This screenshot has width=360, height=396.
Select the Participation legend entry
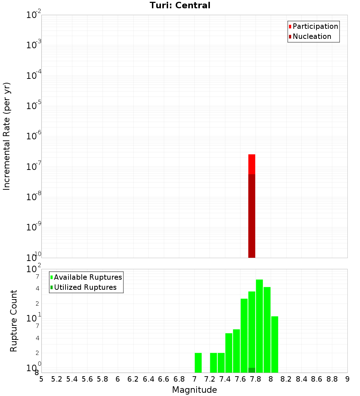pos(315,26)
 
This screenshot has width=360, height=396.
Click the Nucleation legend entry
pos(311,36)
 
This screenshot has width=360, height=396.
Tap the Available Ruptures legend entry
pos(87,277)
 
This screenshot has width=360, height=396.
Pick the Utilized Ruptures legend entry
pos(85,287)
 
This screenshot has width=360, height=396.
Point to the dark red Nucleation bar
pos(252,216)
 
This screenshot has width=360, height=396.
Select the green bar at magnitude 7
pos(198,363)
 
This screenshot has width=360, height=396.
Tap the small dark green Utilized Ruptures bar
pos(252,370)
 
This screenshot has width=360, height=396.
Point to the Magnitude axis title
pos(194,390)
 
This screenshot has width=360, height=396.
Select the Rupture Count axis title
pos(14,321)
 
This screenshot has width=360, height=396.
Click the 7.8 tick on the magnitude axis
pos(256,379)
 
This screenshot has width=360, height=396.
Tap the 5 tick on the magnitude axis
pos(41,379)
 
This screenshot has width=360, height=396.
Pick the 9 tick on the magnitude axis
pos(347,379)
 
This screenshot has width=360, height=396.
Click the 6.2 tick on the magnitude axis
pos(133,379)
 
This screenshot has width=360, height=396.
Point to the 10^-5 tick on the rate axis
pos(34,107)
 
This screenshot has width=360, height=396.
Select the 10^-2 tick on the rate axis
pos(34,15)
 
